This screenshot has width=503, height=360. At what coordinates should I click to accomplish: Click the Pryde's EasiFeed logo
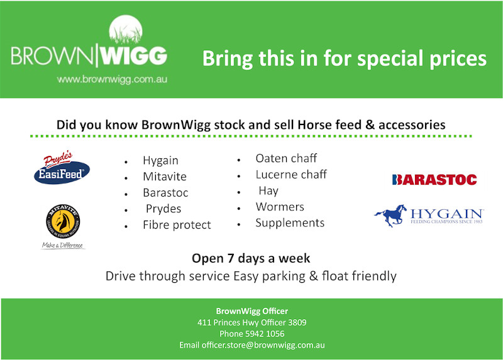tap(62, 168)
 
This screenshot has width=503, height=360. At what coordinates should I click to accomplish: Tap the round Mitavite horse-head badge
tap(63, 221)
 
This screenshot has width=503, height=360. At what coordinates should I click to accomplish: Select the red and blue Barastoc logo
tap(434, 180)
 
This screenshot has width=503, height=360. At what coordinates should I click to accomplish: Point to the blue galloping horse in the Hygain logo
tap(390, 215)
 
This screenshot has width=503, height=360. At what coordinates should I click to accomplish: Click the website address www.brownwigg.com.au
tap(112, 79)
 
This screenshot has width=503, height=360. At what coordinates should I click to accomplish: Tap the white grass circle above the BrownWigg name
tap(126, 30)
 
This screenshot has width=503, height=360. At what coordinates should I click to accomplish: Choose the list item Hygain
tap(160, 160)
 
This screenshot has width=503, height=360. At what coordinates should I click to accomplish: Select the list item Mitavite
tap(165, 177)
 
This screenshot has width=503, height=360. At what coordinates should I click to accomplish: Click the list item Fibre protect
tap(177, 225)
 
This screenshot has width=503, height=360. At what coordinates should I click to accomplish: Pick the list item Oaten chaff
tap(286, 158)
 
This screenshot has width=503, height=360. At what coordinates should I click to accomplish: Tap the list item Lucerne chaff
tap(291, 175)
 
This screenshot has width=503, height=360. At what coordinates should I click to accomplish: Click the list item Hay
tap(268, 191)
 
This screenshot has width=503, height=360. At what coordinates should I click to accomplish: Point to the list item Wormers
tap(280, 207)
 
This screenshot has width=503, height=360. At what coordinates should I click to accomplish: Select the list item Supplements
tap(290, 223)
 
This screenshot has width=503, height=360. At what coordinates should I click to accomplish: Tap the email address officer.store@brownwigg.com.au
tap(263, 346)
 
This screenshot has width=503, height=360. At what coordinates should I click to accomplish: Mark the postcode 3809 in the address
tap(297, 322)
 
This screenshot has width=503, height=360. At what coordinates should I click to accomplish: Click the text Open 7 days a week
tap(251, 258)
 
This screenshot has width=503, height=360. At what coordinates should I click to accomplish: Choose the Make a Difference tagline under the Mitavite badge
tap(63, 245)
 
